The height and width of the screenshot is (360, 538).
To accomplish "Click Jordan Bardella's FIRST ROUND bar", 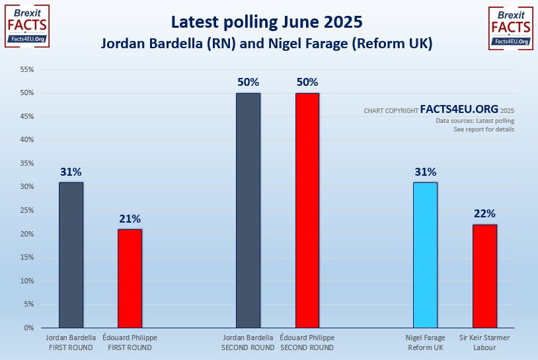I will [71, 255].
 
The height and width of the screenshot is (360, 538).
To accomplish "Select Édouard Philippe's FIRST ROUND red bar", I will [130, 278].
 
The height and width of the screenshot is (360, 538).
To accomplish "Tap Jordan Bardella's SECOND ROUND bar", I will [249, 210].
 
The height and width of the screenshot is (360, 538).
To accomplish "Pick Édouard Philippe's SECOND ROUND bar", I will [307, 210].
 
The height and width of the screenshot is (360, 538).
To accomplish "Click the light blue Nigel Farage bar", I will [425, 255].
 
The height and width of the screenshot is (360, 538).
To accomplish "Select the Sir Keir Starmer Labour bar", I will [484, 276].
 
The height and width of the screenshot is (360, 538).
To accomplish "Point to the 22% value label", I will [484, 214].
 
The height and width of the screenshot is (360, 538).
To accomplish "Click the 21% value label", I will [130, 219].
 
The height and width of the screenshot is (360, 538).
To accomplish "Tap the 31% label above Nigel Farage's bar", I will [425, 172].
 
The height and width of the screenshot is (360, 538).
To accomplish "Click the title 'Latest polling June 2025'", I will [266, 22].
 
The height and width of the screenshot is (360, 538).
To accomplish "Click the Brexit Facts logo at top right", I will [511, 28].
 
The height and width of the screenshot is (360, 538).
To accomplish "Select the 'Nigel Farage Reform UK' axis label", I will [425, 342].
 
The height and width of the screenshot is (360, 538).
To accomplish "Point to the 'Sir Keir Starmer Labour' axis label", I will [484, 342].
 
